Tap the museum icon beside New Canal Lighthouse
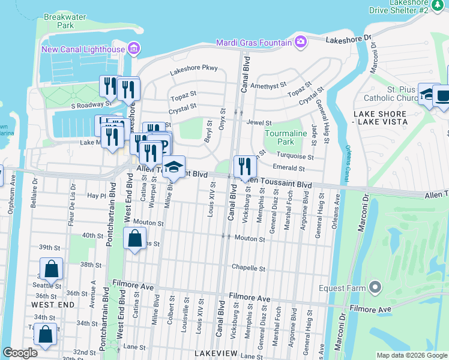134,49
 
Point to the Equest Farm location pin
375,288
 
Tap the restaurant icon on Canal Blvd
244,166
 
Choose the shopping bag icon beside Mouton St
134,239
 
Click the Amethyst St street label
268,86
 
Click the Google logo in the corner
20,353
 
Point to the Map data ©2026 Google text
412,355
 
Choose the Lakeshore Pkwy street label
193,70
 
